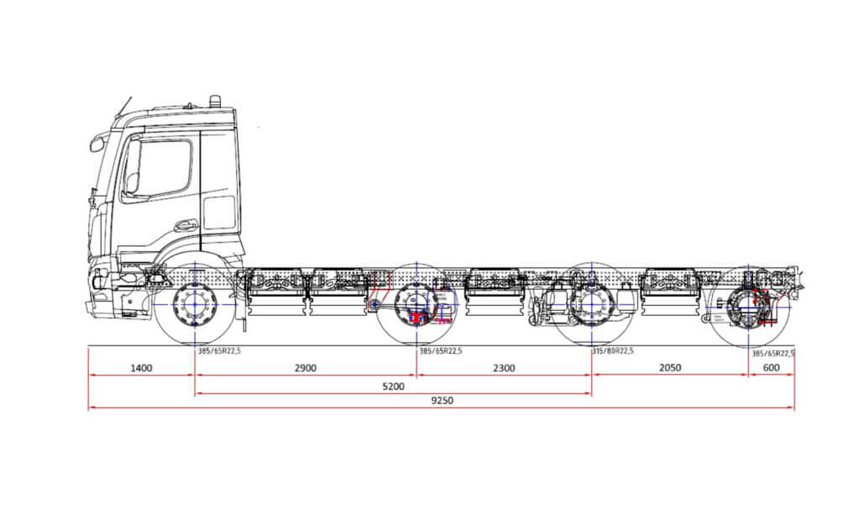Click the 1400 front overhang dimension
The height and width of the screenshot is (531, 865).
coord(141,368)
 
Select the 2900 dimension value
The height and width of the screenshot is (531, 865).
coord(305,368)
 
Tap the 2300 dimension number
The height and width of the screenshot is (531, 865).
coord(504,368)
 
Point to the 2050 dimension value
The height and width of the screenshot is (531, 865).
coord(669,368)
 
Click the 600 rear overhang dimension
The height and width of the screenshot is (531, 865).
coord(771,368)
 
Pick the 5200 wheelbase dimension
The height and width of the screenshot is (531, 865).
coord(393,386)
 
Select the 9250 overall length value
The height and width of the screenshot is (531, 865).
coord(442,400)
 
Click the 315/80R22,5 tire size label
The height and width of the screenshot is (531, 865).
coord(613,351)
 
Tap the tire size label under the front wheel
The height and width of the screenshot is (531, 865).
coord(219,351)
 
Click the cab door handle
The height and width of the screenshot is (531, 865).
coord(186,225)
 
